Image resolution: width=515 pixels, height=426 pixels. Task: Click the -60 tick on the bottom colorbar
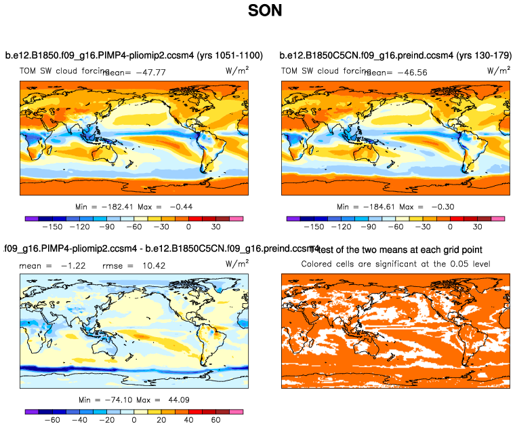(52, 420)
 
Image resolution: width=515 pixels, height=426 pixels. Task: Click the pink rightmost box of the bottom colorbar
(236, 411)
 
